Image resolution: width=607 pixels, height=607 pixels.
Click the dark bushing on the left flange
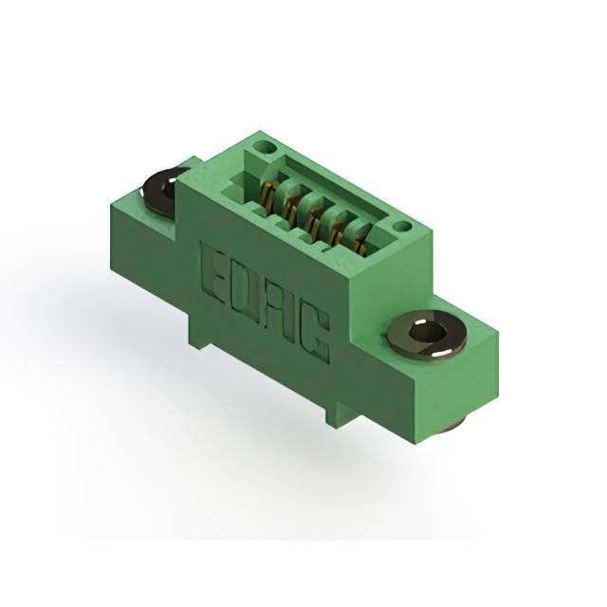(x=163, y=191)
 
